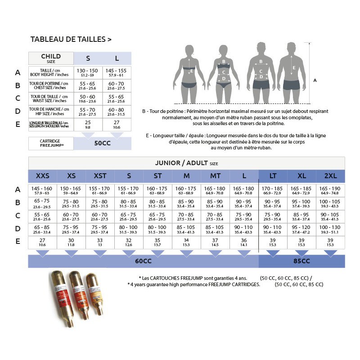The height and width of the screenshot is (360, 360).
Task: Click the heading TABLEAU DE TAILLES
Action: [x=71, y=40]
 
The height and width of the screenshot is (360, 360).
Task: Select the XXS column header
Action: [x=43, y=176]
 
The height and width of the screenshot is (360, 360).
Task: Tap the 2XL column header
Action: [x=330, y=176]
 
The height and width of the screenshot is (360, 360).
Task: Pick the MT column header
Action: [x=215, y=176]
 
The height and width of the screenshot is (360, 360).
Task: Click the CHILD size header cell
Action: [x=51, y=58]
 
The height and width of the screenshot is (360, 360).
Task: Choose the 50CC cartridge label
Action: [x=103, y=143]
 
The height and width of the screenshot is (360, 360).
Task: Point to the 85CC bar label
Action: [x=301, y=261]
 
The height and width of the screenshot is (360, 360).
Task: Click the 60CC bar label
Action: [x=143, y=261]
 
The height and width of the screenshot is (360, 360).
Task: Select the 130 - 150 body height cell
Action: [x=87, y=73]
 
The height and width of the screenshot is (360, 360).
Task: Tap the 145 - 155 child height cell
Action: [x=117, y=73]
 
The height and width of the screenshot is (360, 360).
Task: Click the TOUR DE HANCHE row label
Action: [x=49, y=111]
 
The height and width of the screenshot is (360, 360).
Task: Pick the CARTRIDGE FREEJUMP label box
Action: [x=51, y=143]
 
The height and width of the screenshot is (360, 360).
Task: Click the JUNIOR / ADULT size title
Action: [x=186, y=163]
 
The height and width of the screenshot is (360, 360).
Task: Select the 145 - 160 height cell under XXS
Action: [x=43, y=191]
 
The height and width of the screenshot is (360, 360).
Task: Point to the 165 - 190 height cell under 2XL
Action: [x=330, y=191]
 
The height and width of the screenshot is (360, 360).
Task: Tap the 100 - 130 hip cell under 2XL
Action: [x=330, y=229]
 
